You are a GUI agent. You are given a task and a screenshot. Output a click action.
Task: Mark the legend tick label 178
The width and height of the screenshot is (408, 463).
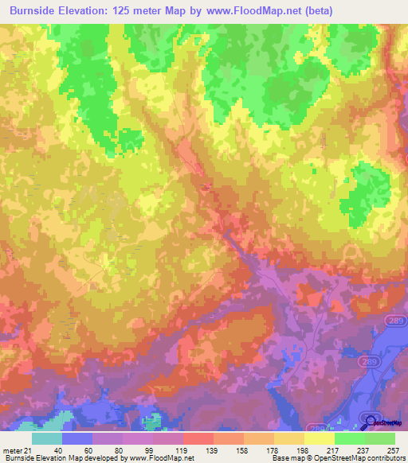[274, 450]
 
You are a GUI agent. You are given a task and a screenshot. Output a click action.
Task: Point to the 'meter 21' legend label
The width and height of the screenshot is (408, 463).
[18, 450]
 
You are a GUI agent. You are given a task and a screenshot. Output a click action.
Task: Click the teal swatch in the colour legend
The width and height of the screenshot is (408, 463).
[47, 438]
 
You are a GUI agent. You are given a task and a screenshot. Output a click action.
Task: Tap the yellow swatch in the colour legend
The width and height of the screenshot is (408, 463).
[320, 438]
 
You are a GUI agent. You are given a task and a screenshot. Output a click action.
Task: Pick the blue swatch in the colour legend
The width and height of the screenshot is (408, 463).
[77, 438]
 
